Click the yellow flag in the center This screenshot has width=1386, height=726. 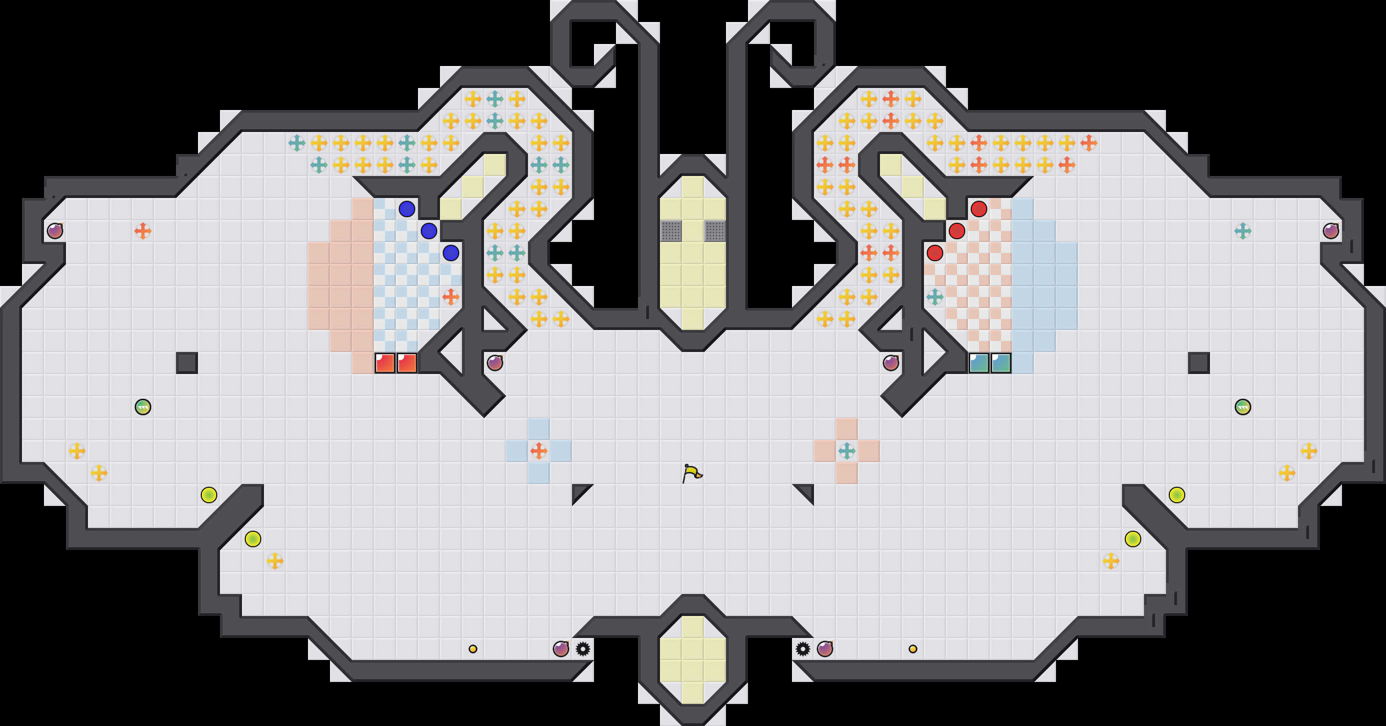[x=692, y=473]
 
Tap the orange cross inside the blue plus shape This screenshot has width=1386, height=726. [x=539, y=451]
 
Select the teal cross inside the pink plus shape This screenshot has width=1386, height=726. [x=847, y=451]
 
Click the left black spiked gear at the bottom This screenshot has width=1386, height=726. [x=583, y=649]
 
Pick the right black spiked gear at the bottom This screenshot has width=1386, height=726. [x=803, y=649]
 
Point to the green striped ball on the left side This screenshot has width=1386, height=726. [x=143, y=407]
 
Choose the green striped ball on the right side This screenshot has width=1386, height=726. [x=1243, y=407]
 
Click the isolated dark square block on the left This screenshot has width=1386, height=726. [x=187, y=363]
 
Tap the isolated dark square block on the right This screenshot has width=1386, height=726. [x=1199, y=363]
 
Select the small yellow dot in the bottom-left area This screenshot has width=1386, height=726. [x=473, y=649]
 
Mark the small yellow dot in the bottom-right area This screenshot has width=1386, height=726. [x=913, y=649]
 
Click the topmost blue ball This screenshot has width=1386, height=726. [x=407, y=209]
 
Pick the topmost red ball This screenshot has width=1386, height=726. [x=979, y=209]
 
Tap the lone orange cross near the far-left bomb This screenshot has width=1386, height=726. [x=143, y=231]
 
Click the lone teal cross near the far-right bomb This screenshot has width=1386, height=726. [x=1243, y=231]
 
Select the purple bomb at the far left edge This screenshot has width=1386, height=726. [x=55, y=231]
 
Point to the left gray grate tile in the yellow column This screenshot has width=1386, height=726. [x=671, y=231]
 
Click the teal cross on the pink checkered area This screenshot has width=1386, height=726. [x=935, y=297]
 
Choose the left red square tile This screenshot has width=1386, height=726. [x=385, y=363]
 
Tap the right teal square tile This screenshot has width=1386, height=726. [x=1001, y=363]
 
